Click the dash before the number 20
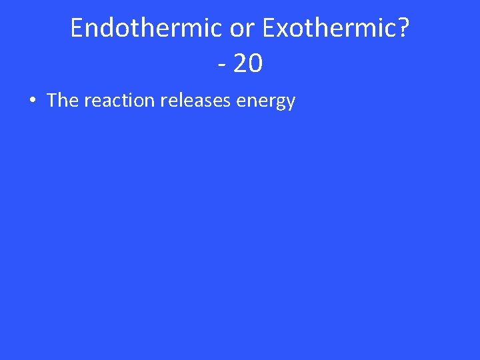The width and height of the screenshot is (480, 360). [x=221, y=65]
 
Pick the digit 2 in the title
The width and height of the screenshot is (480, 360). [x=240, y=64]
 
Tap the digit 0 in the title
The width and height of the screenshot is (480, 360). [x=255, y=64]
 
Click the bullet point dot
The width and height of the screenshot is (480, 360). [x=31, y=101]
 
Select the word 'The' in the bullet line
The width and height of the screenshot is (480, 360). [x=63, y=101]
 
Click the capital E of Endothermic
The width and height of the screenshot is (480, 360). [x=77, y=28]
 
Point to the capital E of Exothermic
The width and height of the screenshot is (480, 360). [x=269, y=28]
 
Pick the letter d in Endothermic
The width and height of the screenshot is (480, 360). [x=107, y=28]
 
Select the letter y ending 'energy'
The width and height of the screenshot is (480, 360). [x=290, y=103]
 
